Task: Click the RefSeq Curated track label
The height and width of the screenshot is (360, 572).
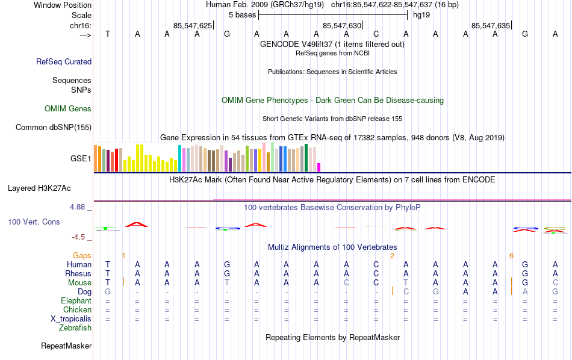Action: coord(64,61)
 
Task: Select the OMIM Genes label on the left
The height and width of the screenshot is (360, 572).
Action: coord(68,109)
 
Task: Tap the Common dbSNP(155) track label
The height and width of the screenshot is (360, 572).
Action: coord(54,127)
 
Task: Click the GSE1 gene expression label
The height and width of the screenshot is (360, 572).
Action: coord(81,158)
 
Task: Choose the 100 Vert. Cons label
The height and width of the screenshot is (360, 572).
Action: coord(34,222)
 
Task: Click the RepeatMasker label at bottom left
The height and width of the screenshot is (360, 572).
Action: coord(66,346)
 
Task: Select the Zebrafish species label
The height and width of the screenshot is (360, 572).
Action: coord(75,327)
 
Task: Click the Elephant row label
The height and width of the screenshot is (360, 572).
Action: coord(76,300)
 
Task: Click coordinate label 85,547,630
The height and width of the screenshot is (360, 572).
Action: coord(343,25)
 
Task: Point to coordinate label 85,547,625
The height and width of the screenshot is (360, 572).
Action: coord(193,25)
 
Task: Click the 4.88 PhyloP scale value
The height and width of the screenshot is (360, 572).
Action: coord(81,207)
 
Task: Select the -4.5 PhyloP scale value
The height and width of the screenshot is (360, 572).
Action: coord(81,237)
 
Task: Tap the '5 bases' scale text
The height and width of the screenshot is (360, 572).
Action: coord(241,14)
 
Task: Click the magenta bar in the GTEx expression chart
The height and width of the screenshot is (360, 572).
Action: coord(319,167)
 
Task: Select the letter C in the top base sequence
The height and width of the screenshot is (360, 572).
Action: coord(376,34)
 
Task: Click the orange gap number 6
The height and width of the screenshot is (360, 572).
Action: coord(511,255)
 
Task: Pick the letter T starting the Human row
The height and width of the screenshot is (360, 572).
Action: coord(108,264)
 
